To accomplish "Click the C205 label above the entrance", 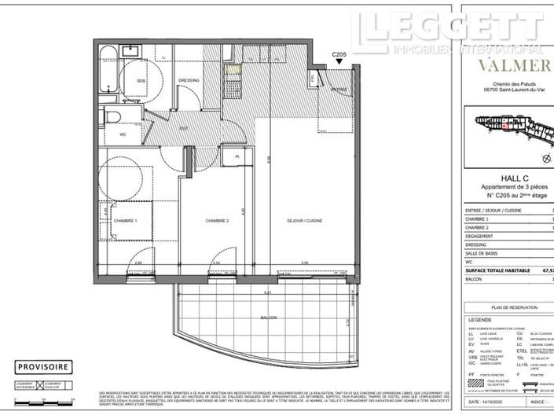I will [339, 54].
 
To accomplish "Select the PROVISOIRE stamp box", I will [45, 365].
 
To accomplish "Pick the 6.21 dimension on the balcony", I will [267, 292].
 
